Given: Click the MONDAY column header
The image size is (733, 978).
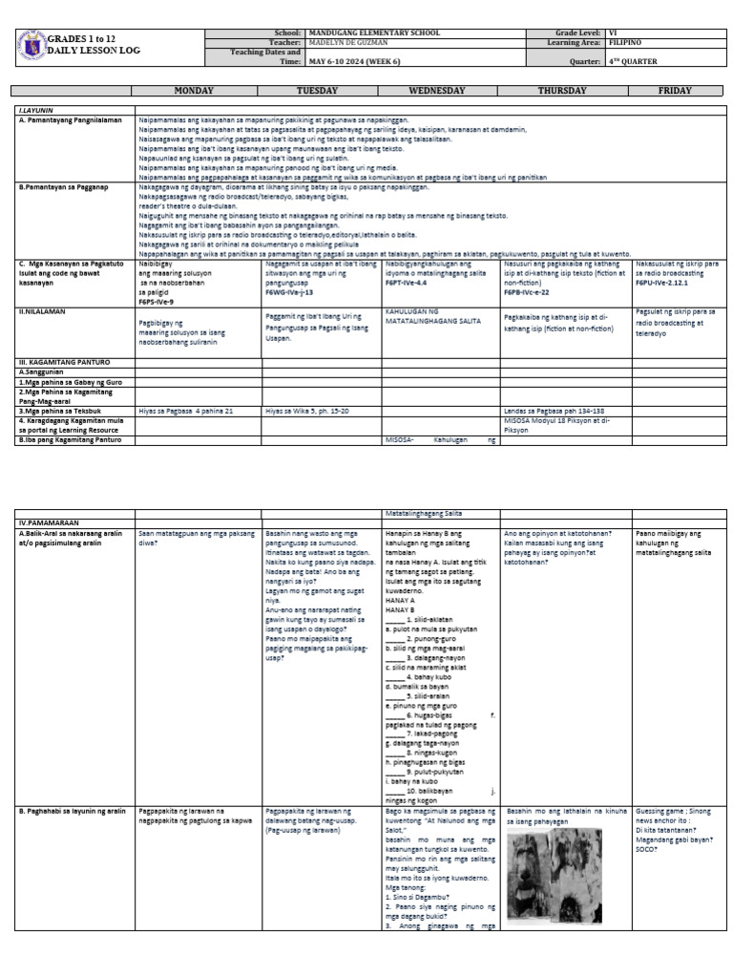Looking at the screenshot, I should (x=196, y=91).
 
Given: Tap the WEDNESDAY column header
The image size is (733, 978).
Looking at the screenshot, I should (x=438, y=91).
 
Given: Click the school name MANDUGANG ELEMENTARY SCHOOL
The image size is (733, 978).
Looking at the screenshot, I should (x=375, y=32).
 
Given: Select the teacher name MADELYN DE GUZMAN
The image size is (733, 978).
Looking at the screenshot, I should (x=348, y=43).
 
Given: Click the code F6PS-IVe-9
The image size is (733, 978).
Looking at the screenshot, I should (x=157, y=302).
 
